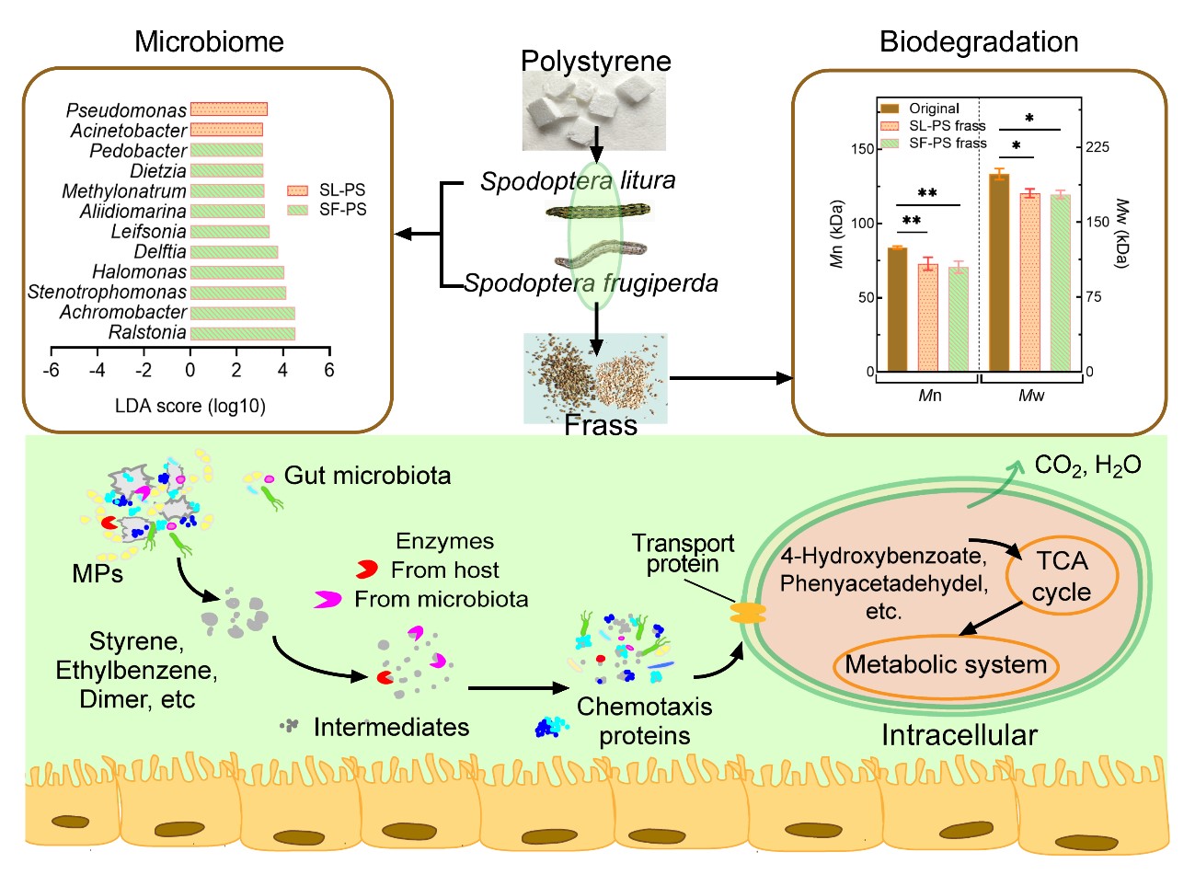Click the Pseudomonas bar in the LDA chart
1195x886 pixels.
click(228, 109)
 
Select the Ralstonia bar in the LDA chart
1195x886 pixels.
click(242, 333)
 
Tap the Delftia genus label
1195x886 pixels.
click(160, 252)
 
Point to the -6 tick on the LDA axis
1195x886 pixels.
click(52, 370)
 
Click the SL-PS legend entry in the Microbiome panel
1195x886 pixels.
click(326, 190)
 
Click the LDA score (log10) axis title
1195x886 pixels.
click(190, 406)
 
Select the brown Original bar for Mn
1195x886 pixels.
click(897, 309)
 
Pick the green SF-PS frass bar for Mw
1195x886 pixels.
click(1060, 282)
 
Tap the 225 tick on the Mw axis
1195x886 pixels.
click(1097, 147)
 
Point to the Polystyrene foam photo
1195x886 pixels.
click(593, 112)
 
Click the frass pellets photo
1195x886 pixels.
click(595, 378)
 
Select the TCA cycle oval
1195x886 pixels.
click(1062, 576)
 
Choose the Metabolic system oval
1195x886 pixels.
click(946, 665)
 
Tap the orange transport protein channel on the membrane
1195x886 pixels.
click(748, 613)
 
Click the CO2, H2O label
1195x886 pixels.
click(1087, 466)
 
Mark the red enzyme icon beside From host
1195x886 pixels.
click(367, 570)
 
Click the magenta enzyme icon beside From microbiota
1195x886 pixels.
click(327, 600)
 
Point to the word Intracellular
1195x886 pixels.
click(959, 735)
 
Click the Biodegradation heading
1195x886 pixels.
click(979, 42)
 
